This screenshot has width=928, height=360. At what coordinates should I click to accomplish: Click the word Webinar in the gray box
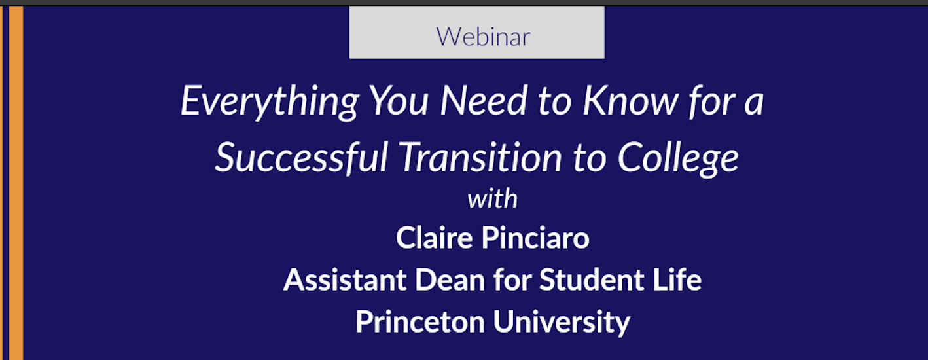pyautogui.click(x=483, y=37)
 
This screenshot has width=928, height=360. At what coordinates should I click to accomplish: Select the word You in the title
pyautogui.click(x=399, y=101)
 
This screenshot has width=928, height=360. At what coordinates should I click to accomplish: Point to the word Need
pyautogui.click(x=483, y=101)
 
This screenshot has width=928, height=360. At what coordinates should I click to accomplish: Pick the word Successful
pyautogui.click(x=302, y=158)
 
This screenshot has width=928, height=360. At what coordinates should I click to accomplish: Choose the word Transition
pyautogui.click(x=480, y=158)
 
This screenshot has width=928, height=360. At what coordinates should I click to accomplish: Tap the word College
pyautogui.click(x=678, y=159)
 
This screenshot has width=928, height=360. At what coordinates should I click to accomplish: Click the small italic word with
pyautogui.click(x=493, y=199)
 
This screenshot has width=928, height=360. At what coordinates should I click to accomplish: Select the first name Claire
pyautogui.click(x=434, y=238)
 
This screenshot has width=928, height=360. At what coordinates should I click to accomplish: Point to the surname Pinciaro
pyautogui.click(x=535, y=238)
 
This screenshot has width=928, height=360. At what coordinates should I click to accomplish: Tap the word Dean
pyautogui.click(x=450, y=279)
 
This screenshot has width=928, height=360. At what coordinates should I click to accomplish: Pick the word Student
pyautogui.click(x=592, y=279)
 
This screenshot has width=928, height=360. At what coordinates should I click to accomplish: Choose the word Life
pyautogui.click(x=677, y=279)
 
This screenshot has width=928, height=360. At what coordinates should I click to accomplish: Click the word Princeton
pyautogui.click(x=420, y=321)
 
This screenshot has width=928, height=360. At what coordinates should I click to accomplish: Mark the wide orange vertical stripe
pyautogui.click(x=16, y=183)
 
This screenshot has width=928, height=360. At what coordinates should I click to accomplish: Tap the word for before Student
pyautogui.click(x=512, y=279)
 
